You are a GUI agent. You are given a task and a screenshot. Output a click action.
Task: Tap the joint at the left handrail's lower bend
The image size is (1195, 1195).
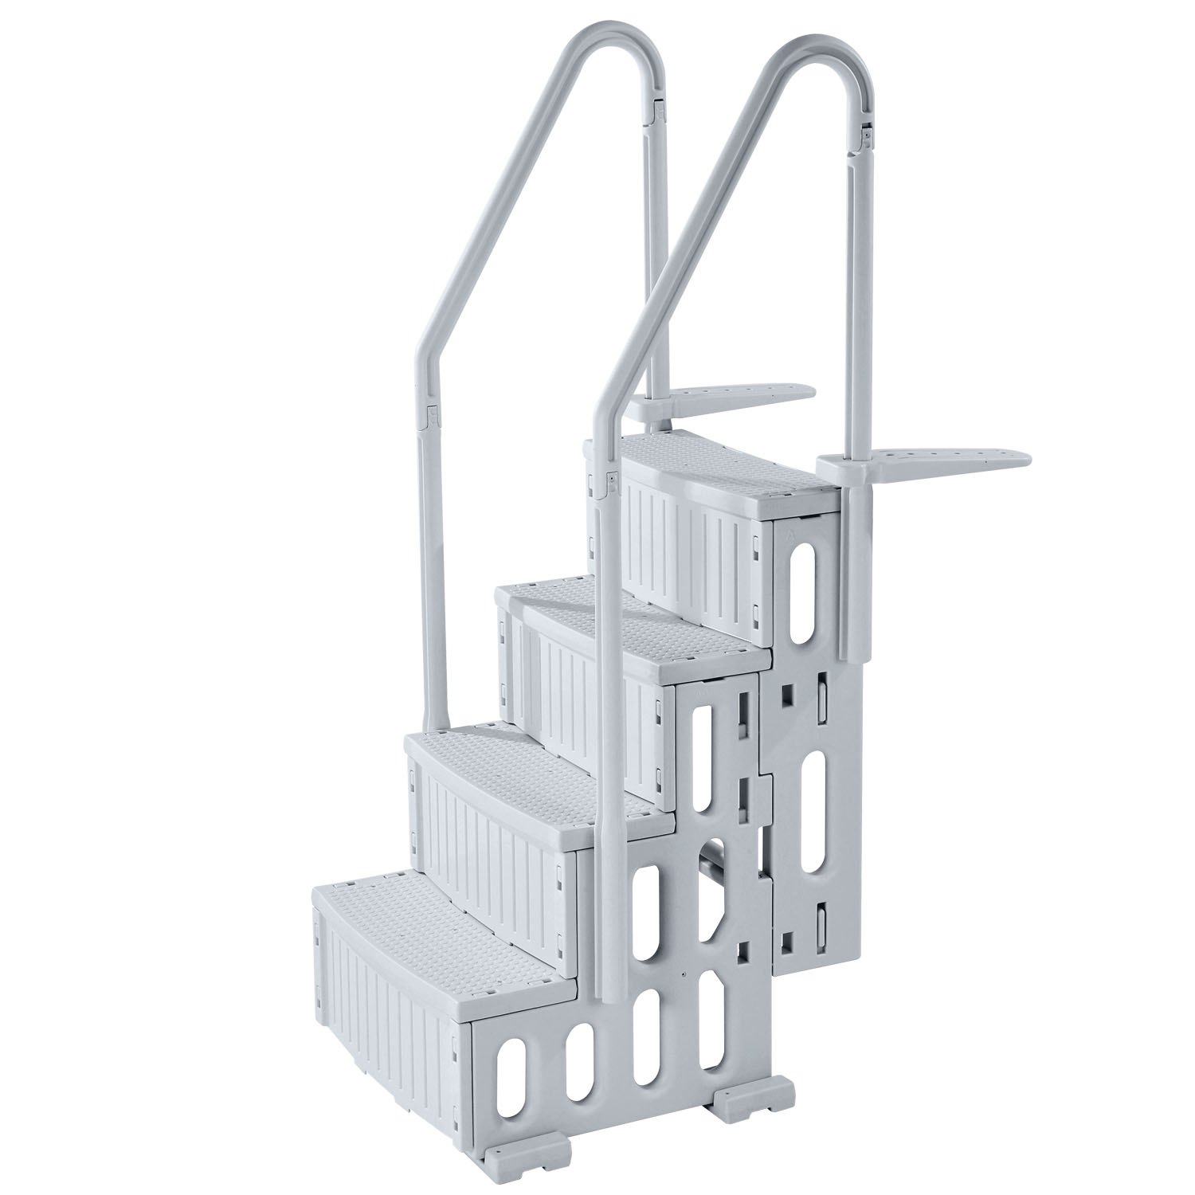point(432,414)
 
